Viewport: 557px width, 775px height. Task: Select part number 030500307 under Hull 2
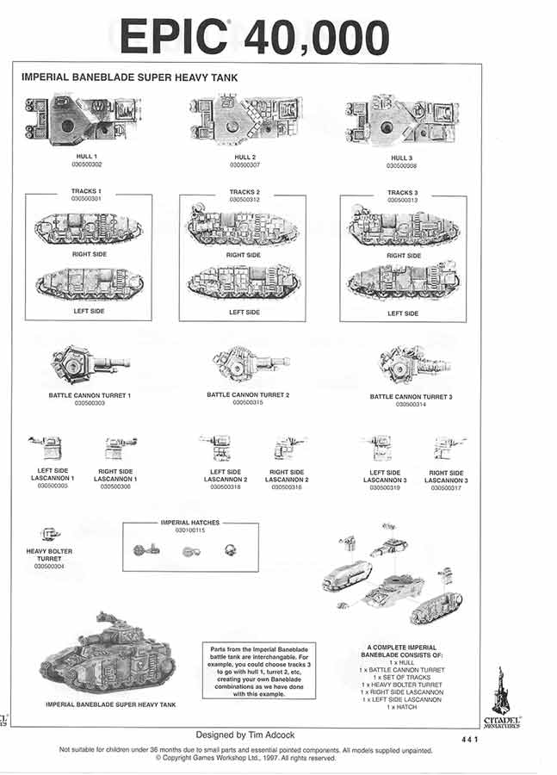(x=243, y=164)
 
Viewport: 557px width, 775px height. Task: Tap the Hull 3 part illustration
(x=401, y=122)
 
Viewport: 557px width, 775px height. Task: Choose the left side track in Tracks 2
(x=244, y=283)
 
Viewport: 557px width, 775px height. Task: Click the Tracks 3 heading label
(x=402, y=193)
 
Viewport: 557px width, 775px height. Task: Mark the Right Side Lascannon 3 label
(x=446, y=476)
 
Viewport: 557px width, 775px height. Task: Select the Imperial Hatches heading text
(x=190, y=522)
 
